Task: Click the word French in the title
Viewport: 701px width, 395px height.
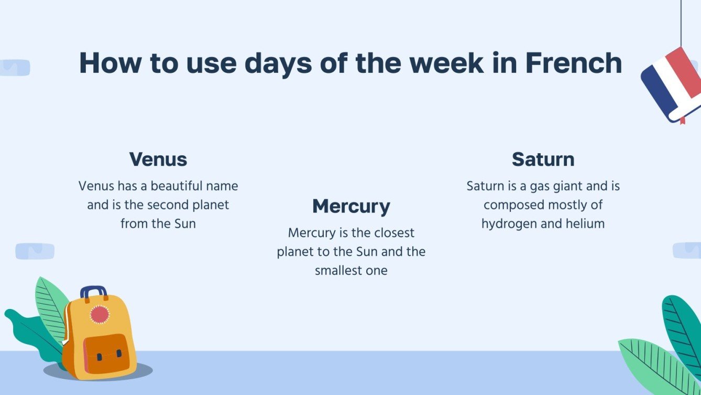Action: coord(573,63)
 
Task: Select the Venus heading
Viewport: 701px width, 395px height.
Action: coord(158,159)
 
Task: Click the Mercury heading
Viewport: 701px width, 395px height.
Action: coord(351,206)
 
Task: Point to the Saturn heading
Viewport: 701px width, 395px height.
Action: coord(543,159)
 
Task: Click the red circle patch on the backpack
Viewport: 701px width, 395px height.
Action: coord(100,315)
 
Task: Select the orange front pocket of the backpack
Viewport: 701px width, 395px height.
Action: coord(106,354)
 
